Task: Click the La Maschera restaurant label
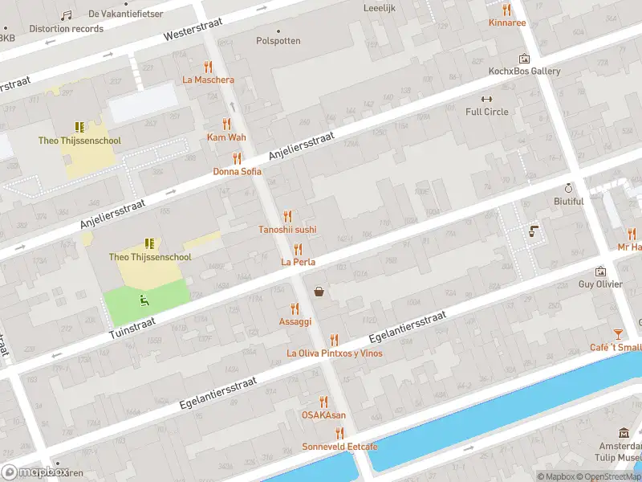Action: [209, 80]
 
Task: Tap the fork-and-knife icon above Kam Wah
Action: [226, 124]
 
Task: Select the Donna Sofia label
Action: [237, 171]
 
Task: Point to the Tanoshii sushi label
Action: [287, 229]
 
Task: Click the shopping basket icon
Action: [319, 292]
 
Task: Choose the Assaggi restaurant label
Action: [295, 321]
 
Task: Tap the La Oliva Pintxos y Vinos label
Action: [335, 353]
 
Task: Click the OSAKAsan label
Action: [323, 415]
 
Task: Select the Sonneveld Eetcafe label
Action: [339, 446]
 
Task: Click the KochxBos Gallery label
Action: [525, 71]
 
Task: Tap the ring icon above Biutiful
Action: [568, 188]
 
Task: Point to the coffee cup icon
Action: [534, 231]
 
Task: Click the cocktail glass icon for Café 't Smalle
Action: [618, 334]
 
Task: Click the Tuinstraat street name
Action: [132, 329]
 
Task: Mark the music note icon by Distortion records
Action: [66, 15]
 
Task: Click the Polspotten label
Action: [278, 40]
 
